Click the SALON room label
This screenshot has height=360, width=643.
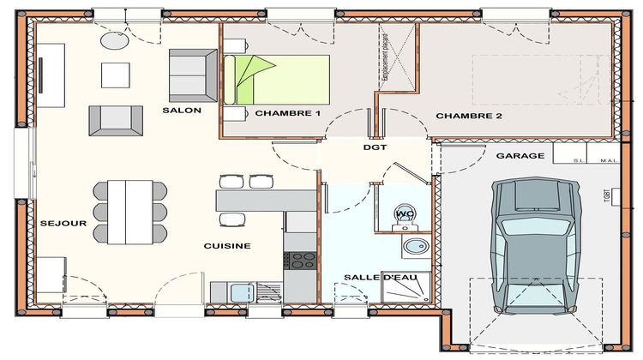coord(181,111)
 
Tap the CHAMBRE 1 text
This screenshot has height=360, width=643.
coord(287,114)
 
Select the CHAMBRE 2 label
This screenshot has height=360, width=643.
coord(469,116)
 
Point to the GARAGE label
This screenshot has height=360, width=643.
coord(520,156)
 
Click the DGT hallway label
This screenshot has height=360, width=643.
coord(376,147)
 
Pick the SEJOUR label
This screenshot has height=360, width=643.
coord(63,224)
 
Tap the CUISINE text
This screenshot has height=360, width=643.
coord(227,246)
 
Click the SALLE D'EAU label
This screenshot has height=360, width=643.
coord(375,278)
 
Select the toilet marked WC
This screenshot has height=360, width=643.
coord(403,216)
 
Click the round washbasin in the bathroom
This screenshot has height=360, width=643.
coord(416,248)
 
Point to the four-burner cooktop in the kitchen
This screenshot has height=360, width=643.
coord(301,259)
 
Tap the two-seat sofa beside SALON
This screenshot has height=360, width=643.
coord(193,75)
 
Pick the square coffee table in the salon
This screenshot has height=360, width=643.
coord(115,75)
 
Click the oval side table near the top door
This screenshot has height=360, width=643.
coord(114,39)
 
